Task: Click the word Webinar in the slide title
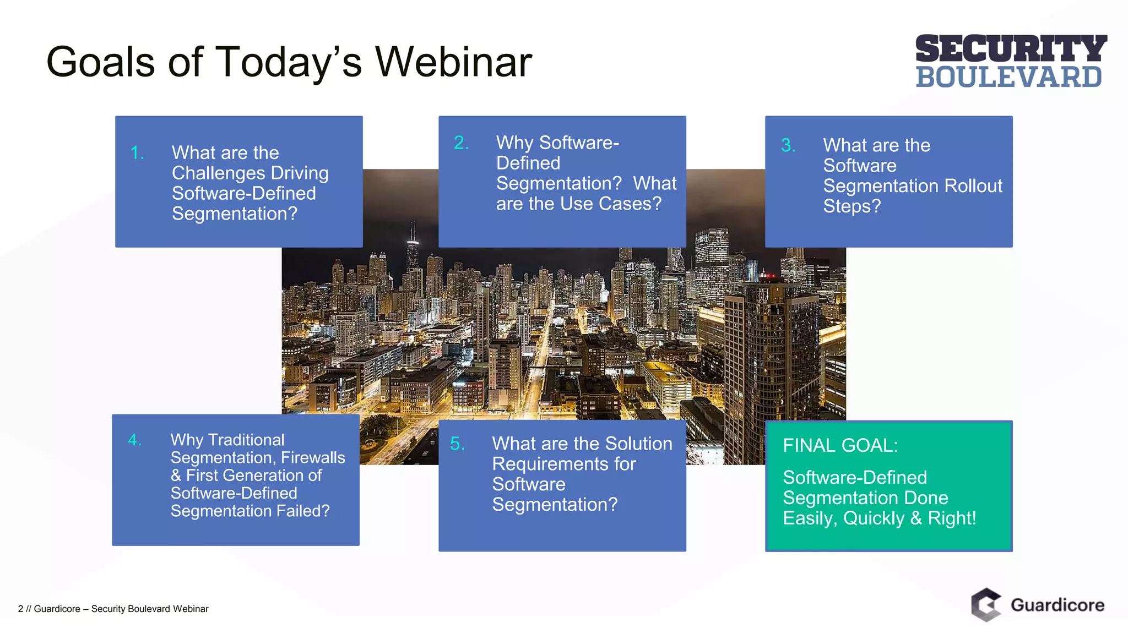[453, 62]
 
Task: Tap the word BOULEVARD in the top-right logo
[1008, 77]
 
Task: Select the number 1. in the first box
[137, 152]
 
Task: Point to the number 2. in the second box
[461, 143]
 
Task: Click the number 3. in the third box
[788, 145]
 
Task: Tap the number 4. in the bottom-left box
[135, 440]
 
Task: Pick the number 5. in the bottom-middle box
[457, 444]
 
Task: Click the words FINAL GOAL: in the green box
[840, 445]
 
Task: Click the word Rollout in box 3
[973, 186]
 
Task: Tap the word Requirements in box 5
[563, 464]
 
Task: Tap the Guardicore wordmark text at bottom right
[1057, 605]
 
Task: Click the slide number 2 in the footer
[20, 609]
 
